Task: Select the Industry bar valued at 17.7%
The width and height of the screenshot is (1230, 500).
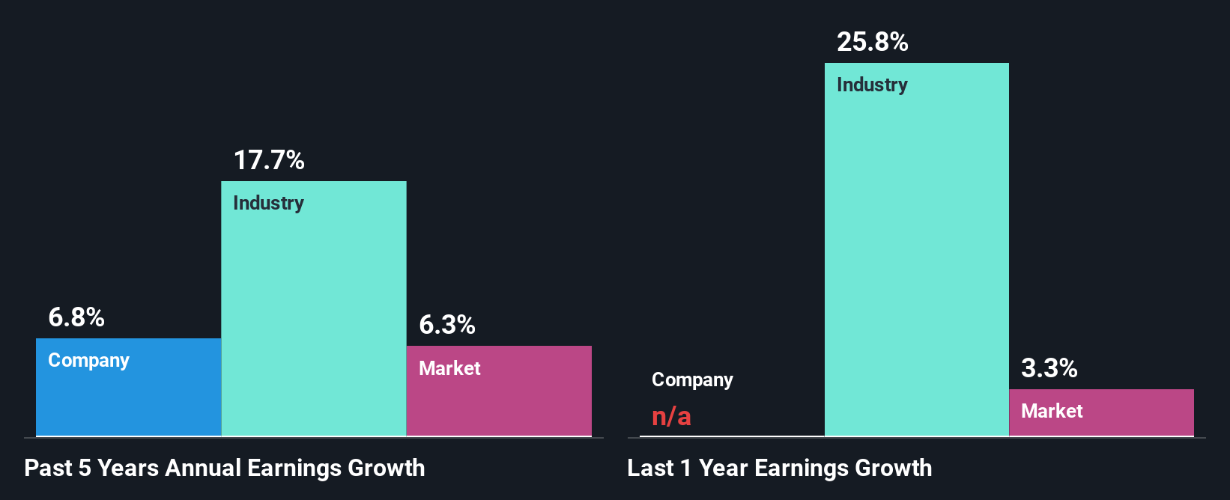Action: coord(313,314)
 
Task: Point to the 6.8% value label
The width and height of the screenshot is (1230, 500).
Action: coord(76,317)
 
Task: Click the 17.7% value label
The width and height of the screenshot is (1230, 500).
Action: coord(269,160)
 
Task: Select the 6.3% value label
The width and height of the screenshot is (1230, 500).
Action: coord(447,325)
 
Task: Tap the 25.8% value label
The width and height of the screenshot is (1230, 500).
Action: coord(873,42)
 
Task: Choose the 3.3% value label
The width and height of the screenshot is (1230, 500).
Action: coord(1049,368)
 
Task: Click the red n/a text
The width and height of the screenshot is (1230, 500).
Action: coord(671,416)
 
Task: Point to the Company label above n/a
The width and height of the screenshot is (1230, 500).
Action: coord(692,380)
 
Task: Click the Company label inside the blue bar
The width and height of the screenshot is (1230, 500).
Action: coord(88,361)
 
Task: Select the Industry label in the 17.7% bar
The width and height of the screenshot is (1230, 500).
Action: coord(268,204)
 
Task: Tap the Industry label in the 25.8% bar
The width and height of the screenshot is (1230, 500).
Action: coord(872,85)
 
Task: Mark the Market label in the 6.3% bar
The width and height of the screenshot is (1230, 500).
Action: coord(449,368)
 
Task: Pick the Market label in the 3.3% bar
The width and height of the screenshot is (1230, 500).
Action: coord(1052,411)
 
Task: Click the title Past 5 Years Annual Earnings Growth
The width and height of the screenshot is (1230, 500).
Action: coord(225,469)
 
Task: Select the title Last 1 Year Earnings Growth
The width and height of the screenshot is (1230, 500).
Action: coord(780,469)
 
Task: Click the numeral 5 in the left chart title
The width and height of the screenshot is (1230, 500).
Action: coord(85,469)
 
